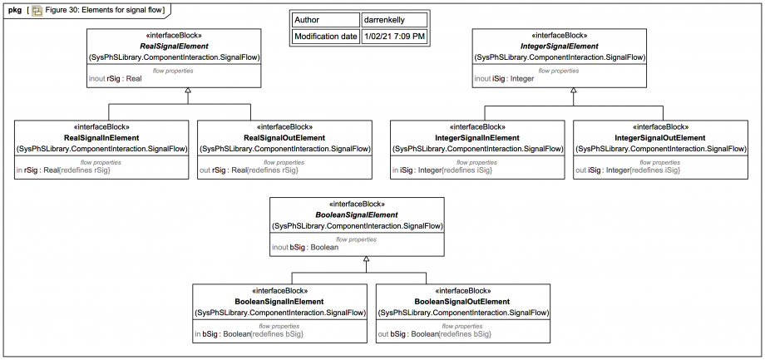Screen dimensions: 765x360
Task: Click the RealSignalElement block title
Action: tap(174, 47)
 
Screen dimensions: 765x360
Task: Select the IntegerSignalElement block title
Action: tap(560, 47)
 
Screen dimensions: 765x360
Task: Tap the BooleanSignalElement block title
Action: tap(358, 215)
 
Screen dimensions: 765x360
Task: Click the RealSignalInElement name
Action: tap(101, 138)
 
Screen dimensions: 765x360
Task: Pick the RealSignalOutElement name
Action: tap(284, 138)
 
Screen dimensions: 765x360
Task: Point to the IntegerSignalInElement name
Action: tap(477, 138)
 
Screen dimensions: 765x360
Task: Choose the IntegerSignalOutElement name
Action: tap(660, 138)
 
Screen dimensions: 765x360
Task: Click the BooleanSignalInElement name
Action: tap(279, 302)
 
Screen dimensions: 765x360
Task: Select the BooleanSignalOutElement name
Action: tap(462, 302)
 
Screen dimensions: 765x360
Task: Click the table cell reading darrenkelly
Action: tap(394, 20)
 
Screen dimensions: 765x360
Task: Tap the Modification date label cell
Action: tap(326, 37)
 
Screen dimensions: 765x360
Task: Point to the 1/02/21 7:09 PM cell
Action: tap(394, 37)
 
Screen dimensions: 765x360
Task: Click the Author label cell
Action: tap(326, 20)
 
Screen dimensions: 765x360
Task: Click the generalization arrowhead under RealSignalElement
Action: tap(187, 91)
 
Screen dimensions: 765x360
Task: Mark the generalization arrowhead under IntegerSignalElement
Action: tap(573, 91)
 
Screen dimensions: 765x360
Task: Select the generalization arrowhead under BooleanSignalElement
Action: tap(367, 259)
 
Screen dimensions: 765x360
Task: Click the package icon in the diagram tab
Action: tap(37, 10)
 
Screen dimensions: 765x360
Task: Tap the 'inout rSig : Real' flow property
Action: tap(115, 78)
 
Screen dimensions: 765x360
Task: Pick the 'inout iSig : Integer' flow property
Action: tap(505, 78)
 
